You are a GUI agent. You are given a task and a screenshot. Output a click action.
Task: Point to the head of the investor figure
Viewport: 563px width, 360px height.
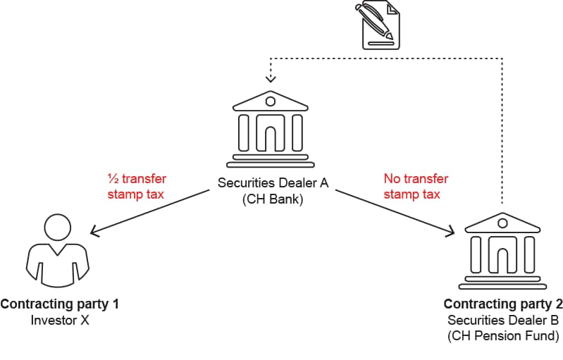[x=58, y=227]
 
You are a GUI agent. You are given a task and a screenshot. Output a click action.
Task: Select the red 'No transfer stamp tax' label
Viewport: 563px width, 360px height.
[x=415, y=186]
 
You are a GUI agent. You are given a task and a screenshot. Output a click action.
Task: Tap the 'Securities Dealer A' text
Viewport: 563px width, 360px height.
[x=273, y=183]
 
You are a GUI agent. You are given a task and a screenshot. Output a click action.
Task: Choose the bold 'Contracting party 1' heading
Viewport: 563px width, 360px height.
[x=59, y=304]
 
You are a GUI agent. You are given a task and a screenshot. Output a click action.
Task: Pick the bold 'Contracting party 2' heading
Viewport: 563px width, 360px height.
[x=503, y=304]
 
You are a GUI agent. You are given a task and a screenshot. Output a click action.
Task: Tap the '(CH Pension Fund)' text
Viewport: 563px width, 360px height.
[x=503, y=337]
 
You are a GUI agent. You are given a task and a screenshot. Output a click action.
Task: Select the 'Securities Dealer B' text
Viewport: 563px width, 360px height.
[x=503, y=321]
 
